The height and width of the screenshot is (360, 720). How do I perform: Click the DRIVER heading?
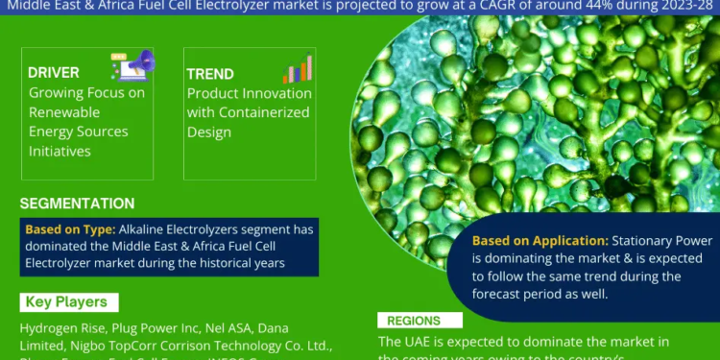(x=54, y=73)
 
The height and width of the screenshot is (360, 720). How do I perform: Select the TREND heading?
(x=210, y=73)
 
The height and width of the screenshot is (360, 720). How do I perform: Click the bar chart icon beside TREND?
(x=297, y=67)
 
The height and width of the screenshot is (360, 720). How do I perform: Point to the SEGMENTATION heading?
(x=77, y=204)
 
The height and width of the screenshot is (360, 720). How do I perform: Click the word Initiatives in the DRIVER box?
(x=60, y=151)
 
